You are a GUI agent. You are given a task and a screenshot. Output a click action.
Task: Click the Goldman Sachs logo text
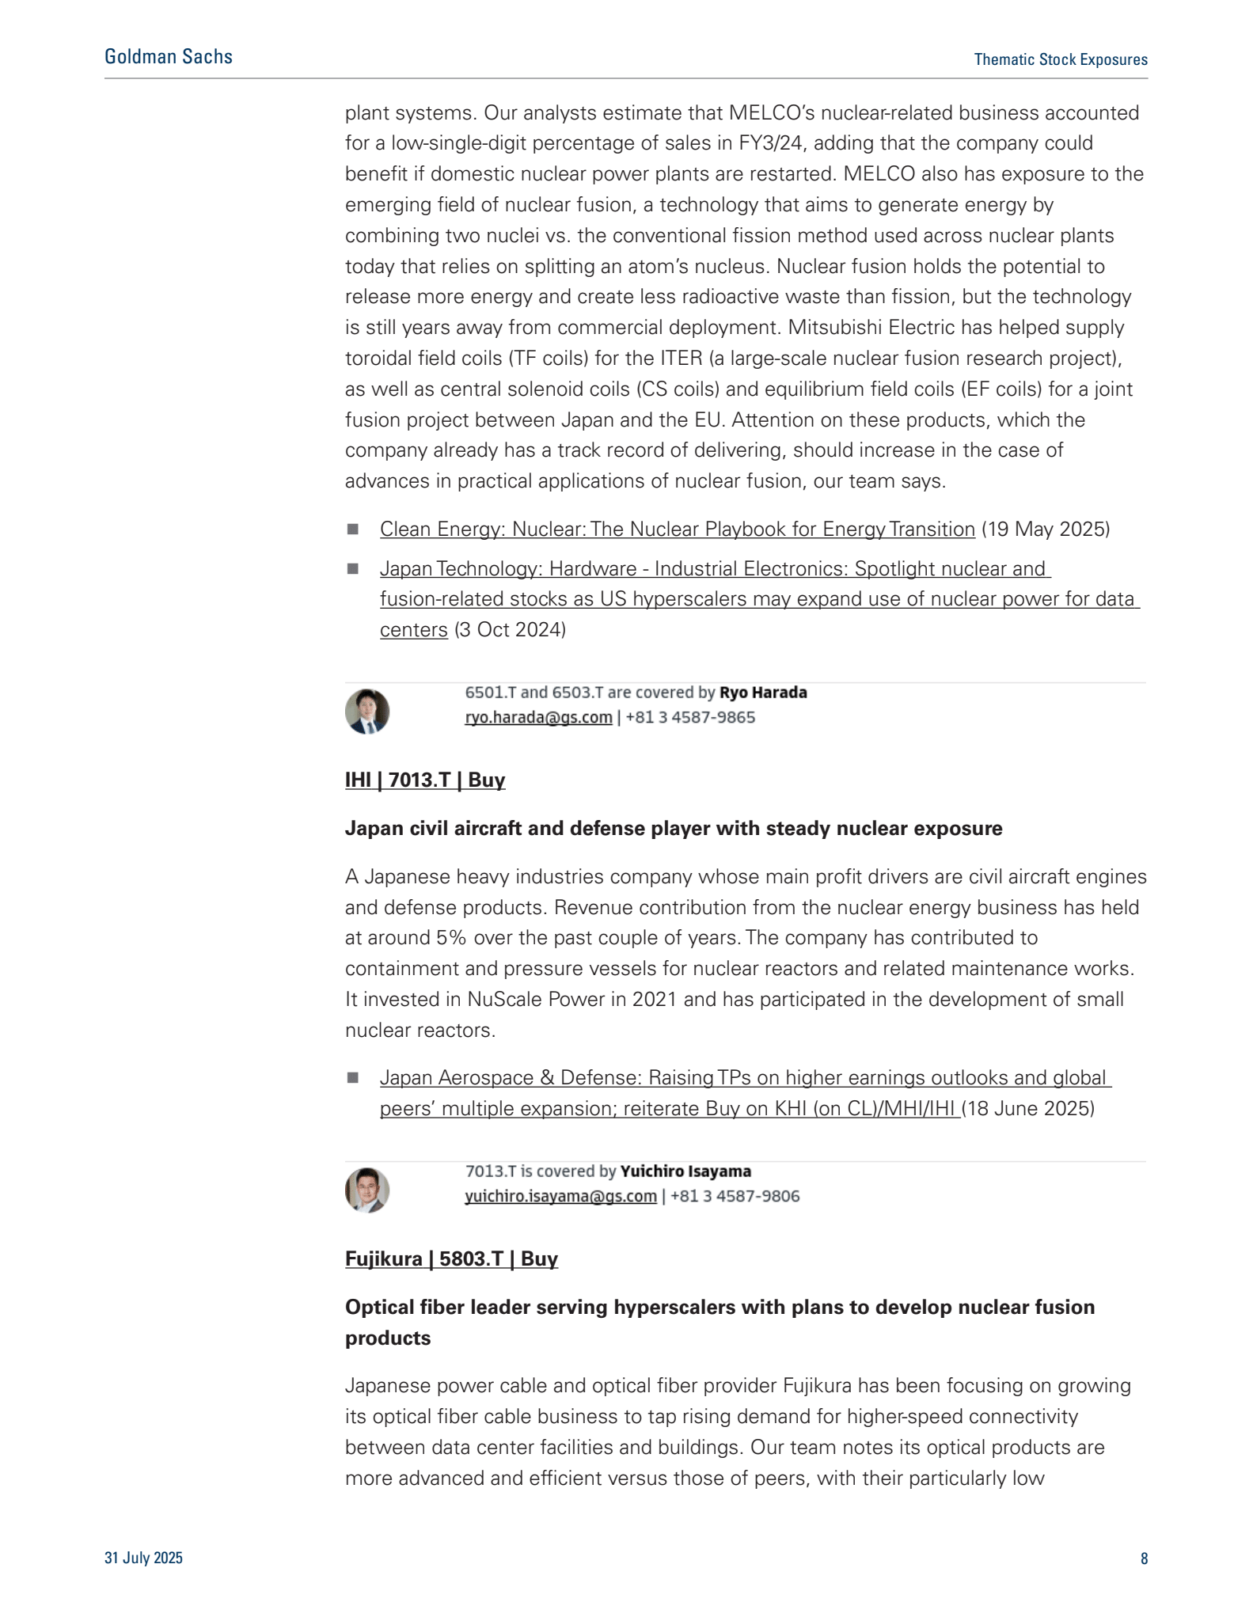168,57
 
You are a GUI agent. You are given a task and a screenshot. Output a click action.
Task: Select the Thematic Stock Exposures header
1060,59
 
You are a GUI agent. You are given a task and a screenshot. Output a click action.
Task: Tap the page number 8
1144,1558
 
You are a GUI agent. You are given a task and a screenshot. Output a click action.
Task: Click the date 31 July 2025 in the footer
143,1558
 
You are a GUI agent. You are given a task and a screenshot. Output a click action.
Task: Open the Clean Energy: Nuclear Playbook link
677,529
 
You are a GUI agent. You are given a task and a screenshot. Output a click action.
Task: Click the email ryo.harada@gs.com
538,717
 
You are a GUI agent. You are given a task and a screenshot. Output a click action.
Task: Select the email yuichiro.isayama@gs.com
560,1196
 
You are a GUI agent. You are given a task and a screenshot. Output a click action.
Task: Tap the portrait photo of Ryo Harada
367,711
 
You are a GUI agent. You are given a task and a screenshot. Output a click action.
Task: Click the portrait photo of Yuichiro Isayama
367,1190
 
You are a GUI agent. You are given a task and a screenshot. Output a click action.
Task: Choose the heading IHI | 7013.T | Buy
425,780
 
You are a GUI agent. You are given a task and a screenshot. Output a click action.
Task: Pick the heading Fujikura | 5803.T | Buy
451,1258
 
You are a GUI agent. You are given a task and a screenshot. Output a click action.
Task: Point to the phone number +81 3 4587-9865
690,717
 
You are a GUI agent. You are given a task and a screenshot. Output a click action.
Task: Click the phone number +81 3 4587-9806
735,1196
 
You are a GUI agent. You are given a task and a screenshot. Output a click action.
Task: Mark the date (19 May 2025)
1046,529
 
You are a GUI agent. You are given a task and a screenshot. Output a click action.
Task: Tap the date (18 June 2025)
1027,1108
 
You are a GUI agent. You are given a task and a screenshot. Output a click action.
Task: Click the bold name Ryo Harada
763,693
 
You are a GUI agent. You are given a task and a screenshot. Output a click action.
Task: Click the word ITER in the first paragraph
681,359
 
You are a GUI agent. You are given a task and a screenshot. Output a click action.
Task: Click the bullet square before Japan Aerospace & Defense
353,1078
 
